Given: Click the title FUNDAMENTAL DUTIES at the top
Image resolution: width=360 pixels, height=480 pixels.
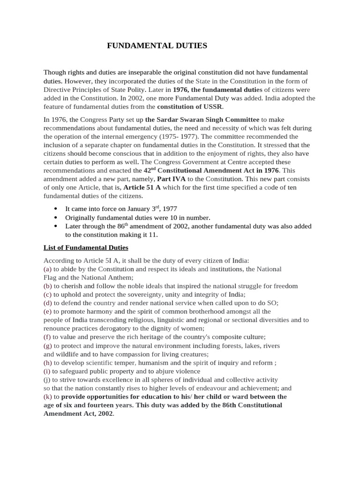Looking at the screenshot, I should point(157,45).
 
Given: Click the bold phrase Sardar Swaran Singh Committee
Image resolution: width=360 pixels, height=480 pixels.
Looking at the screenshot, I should point(202,120).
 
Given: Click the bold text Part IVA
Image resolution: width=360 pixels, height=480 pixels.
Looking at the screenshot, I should point(171,179).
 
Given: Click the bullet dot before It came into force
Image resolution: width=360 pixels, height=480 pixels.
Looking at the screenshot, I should point(56,209).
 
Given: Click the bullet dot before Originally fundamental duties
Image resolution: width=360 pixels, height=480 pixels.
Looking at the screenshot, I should point(56,217).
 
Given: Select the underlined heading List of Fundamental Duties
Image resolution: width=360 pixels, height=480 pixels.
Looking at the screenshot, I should point(86,247).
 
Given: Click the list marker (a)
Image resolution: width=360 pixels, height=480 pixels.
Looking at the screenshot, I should point(47,269).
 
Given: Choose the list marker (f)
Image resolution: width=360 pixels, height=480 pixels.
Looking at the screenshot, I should point(47,337).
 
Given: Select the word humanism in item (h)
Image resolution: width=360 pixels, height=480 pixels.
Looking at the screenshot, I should point(154,362).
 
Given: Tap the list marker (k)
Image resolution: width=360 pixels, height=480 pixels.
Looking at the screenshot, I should point(47,397).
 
